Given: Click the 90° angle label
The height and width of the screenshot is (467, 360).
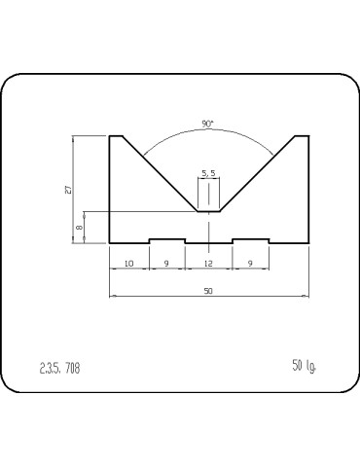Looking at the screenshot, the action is (208, 124).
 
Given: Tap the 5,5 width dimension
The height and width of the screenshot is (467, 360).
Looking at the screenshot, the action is (208, 173).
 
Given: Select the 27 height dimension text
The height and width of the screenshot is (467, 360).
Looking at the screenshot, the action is (68, 190).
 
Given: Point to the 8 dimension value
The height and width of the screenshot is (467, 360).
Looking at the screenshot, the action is (79, 228).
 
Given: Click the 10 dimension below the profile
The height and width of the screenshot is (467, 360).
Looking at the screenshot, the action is (129, 264).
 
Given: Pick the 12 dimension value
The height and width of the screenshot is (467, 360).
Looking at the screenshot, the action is (208, 264).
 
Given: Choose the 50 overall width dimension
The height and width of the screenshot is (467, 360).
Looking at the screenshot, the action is (208, 291).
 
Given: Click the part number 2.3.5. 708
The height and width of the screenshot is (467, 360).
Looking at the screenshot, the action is (59, 368).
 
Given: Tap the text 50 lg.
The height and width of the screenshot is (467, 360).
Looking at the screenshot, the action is (305, 366).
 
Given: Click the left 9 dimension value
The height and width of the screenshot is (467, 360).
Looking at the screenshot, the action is (166, 264).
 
